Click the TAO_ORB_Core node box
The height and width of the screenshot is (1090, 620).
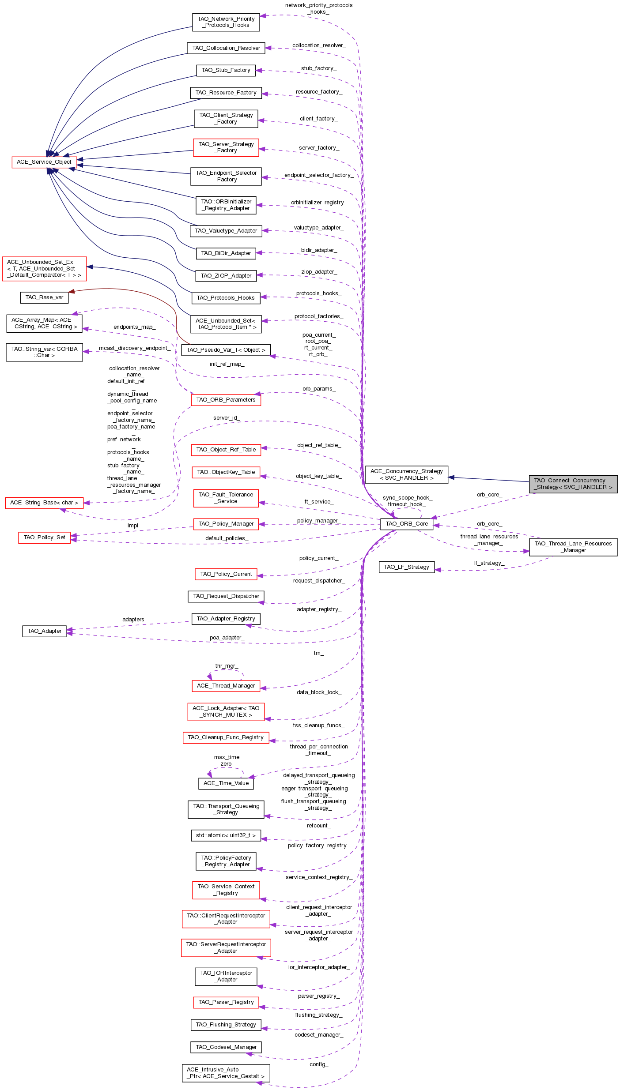click(x=407, y=524)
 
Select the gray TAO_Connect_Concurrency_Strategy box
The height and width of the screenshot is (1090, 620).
click(x=573, y=484)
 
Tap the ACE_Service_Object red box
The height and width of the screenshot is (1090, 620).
click(x=44, y=162)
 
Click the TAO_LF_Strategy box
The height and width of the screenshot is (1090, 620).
click(x=406, y=567)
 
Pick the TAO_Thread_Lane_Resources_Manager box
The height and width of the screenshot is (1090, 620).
click(x=573, y=547)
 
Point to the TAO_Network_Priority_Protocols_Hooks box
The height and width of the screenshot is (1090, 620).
click(x=226, y=22)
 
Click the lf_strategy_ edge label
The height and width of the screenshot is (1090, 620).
click(x=489, y=563)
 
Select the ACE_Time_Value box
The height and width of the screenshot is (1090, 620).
click(x=226, y=783)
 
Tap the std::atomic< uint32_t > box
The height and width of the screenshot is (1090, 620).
click(x=226, y=835)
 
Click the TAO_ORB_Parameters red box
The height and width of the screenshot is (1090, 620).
click(x=226, y=400)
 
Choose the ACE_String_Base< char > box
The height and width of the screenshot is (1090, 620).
click(x=44, y=503)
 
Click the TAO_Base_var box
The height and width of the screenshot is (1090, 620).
click(x=44, y=297)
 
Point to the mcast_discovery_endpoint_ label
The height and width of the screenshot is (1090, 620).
click(x=134, y=348)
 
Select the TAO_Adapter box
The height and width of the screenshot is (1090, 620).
click(x=44, y=631)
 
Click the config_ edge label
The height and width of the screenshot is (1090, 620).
click(x=318, y=1064)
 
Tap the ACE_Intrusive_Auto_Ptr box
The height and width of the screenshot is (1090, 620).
click(x=226, y=1073)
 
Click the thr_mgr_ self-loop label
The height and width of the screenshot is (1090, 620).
click(x=226, y=666)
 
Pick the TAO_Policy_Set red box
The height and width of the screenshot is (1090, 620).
click(x=44, y=537)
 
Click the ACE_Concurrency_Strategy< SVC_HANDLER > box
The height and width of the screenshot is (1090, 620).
click(x=406, y=474)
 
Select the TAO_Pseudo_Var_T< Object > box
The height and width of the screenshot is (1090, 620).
click(x=226, y=350)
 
